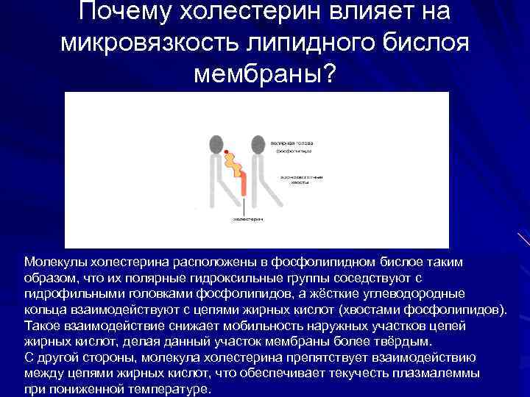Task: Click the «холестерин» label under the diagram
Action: click(247, 219)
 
